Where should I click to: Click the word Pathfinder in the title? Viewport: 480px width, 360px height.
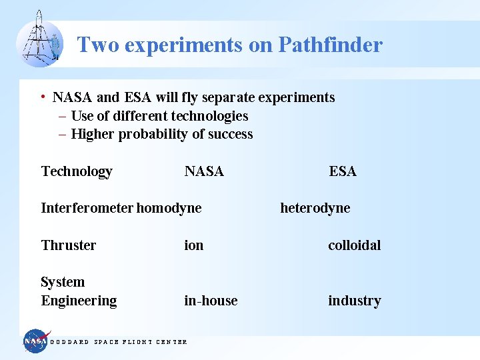coord(330,45)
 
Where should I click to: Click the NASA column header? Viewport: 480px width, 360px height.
coord(204,172)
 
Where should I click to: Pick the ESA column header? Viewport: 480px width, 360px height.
coord(343,172)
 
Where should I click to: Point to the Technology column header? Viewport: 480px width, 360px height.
coord(77,172)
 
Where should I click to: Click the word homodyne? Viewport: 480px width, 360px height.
coord(169,208)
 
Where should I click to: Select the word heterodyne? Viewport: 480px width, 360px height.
coord(315,208)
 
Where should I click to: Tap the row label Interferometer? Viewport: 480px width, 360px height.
coord(87,208)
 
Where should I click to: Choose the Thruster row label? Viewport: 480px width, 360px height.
coord(69,245)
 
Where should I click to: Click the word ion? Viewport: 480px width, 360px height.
coord(194,245)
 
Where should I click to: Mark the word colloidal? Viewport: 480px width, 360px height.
coord(354,245)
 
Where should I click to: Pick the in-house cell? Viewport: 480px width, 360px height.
coord(211,301)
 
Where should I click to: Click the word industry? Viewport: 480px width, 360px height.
coord(354,301)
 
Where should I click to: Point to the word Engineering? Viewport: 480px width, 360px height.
coord(79,301)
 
